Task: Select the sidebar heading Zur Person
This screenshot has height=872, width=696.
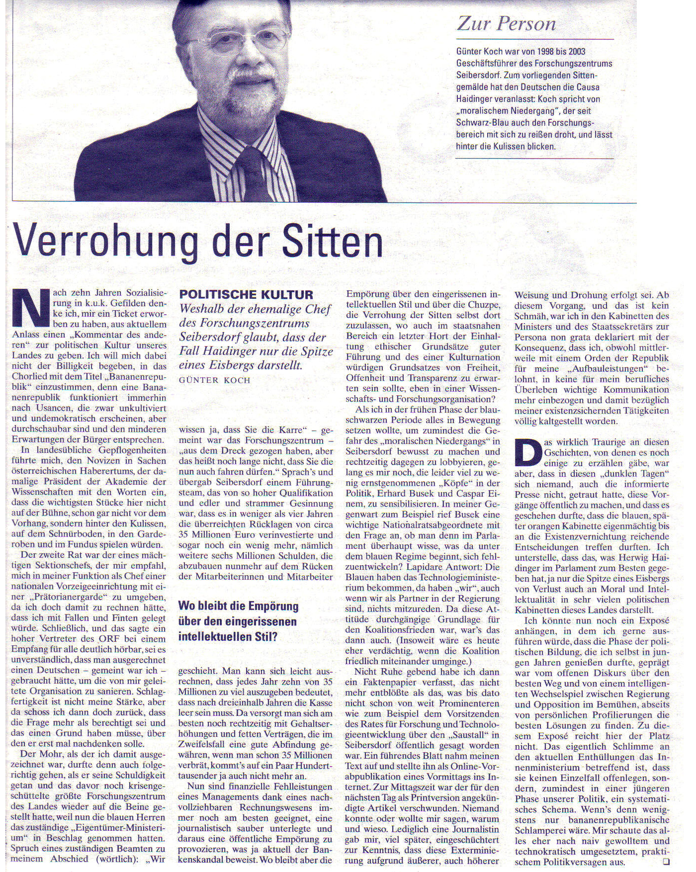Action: coord(506,24)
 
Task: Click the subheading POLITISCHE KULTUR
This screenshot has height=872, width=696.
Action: coord(246,294)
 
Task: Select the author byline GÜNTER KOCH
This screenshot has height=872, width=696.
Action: coord(215,380)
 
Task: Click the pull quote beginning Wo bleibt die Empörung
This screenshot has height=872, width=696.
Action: coord(238,621)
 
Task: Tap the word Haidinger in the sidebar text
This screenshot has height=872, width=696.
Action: coord(478,99)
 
